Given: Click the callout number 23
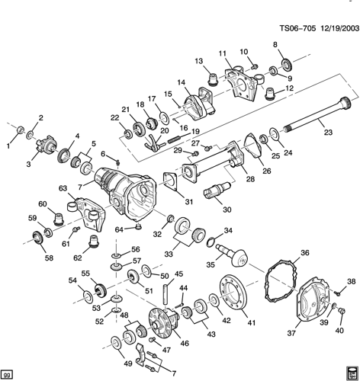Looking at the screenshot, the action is [328, 132].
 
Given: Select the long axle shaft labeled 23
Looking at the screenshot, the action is [318, 115].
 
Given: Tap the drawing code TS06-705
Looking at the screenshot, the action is [297, 27].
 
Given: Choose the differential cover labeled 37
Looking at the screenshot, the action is [314, 303].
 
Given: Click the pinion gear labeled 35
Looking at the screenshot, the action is [232, 255].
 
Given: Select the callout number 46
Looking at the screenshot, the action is [185, 343].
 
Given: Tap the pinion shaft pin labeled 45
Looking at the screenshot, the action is [166, 294].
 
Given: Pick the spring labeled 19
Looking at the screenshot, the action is [174, 139].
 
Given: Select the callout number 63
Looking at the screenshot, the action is [63, 188].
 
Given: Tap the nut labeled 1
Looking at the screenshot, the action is [21, 130].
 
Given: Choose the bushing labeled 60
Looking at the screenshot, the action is [59, 219].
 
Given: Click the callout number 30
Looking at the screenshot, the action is [227, 210].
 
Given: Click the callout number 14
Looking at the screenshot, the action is [182, 82].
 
